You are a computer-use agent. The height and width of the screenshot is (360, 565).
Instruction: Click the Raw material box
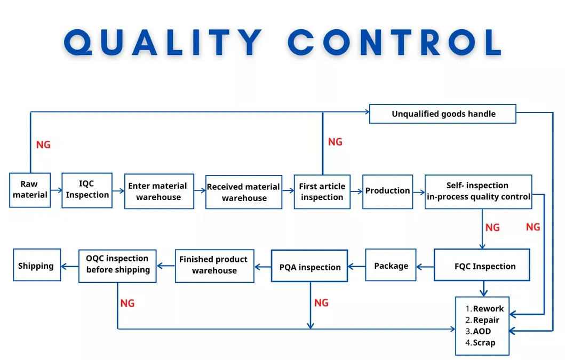[x=30, y=190]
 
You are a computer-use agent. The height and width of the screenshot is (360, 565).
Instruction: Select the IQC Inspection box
[x=87, y=190]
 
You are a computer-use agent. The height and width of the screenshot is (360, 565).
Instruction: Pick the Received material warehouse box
[x=244, y=192]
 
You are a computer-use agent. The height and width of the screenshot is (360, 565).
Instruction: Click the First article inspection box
[x=322, y=191]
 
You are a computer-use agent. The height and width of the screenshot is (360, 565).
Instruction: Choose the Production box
[x=387, y=191]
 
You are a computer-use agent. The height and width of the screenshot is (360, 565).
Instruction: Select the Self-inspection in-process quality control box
[x=478, y=191]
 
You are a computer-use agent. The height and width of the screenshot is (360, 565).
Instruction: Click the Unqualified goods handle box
[x=443, y=114]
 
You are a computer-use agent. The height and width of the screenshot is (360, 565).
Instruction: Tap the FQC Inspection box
[x=482, y=265]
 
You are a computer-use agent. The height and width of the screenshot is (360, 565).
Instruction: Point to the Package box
[x=391, y=265]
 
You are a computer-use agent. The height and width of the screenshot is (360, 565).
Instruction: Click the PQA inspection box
[x=309, y=267]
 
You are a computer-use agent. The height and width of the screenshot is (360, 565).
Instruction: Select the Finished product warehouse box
[x=214, y=265]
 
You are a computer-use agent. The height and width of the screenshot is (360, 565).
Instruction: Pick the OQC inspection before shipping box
[x=117, y=264]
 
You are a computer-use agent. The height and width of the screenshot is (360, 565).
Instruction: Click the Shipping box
[x=36, y=265]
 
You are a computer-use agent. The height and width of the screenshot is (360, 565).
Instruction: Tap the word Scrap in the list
[x=484, y=342]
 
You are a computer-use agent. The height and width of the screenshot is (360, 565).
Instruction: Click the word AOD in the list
[x=482, y=331]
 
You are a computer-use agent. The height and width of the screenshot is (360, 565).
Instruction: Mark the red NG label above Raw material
[x=43, y=145]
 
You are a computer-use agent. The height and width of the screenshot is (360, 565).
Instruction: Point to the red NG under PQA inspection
[x=321, y=303]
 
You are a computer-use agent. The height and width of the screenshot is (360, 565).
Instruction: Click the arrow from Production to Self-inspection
[x=419, y=191]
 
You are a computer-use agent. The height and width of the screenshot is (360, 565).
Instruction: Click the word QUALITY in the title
[x=163, y=43]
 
